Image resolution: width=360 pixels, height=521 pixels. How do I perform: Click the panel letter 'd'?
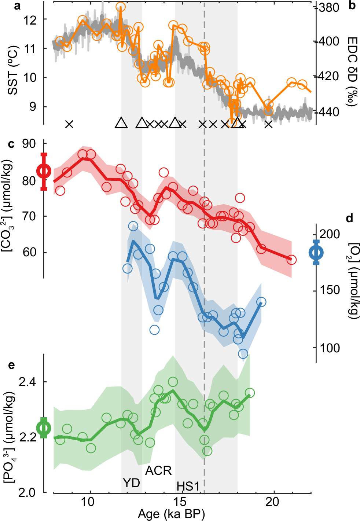(349, 219)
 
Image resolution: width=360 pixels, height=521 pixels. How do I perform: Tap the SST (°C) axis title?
(13, 70)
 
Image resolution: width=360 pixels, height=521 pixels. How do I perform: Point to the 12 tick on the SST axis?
(31, 19)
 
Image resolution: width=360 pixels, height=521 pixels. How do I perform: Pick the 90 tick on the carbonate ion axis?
(29, 144)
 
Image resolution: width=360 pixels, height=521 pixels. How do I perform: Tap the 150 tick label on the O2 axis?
(330, 290)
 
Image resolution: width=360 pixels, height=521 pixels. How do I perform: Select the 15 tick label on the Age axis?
(180, 502)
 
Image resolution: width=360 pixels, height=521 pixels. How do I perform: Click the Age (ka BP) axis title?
(171, 514)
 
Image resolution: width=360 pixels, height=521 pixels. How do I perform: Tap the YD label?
(131, 483)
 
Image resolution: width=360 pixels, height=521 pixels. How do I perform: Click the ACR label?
(158, 470)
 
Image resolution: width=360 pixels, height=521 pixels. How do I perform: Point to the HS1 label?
(188, 486)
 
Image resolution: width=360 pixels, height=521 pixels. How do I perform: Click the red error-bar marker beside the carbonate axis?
(44, 171)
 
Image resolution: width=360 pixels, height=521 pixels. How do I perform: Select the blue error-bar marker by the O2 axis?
(316, 252)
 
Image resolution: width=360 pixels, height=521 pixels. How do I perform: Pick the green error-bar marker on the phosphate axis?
(44, 428)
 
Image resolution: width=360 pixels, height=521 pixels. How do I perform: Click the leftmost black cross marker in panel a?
(69, 124)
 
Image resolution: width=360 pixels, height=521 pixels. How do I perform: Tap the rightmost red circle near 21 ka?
(291, 260)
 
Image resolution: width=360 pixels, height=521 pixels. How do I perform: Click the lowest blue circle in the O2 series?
(243, 354)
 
